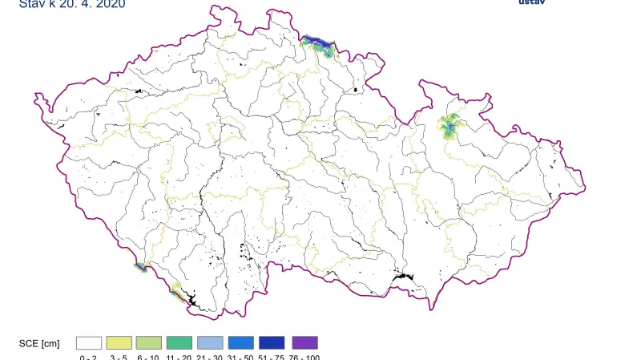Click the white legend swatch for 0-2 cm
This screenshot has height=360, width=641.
pos(89,342)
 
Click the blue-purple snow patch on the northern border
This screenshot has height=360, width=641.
pos(318,41)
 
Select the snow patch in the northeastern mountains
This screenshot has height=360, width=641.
pos(450,127)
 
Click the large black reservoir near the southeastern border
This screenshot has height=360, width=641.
pos(401,278)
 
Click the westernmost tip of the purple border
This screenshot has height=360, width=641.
pos(34,97)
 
